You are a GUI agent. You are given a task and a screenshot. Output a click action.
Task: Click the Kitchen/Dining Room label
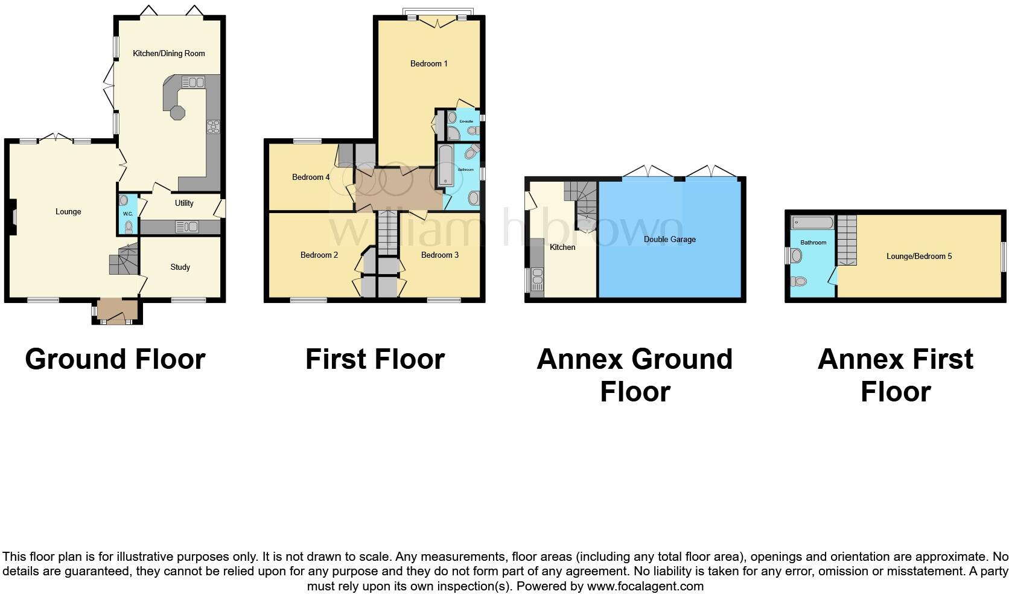pos(169,54)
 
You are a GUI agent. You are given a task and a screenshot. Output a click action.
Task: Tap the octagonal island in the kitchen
pos(178,113)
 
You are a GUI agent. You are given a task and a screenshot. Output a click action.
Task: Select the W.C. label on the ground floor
pos(128,214)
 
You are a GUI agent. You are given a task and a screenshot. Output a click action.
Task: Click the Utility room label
pos(184,203)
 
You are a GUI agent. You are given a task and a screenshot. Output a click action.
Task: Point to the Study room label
pos(180,267)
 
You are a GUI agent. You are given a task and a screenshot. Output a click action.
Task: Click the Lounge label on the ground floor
pos(68,212)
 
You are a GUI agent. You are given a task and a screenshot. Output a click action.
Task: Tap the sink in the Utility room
pos(187,227)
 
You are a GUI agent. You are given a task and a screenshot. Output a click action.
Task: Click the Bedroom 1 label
pos(428,63)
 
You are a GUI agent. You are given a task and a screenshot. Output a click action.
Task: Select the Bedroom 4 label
pos(311,177)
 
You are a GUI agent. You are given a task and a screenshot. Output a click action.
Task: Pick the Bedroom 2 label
pos(319,255)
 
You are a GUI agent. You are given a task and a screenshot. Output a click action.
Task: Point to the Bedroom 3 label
pos(439,255)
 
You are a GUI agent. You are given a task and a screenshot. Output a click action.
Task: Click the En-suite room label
pos(466,121)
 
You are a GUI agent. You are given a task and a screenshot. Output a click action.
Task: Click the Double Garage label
pos(669,240)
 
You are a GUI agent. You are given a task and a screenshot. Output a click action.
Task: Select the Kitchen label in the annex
pos(562,247)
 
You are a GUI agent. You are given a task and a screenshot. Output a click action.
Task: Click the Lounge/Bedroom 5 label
pos(918,257)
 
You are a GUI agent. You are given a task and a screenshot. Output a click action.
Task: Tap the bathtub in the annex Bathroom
pos(812,223)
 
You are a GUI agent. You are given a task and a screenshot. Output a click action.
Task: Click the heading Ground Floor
pos(115,359)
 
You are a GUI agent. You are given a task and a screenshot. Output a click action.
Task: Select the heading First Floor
pos(375,359)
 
